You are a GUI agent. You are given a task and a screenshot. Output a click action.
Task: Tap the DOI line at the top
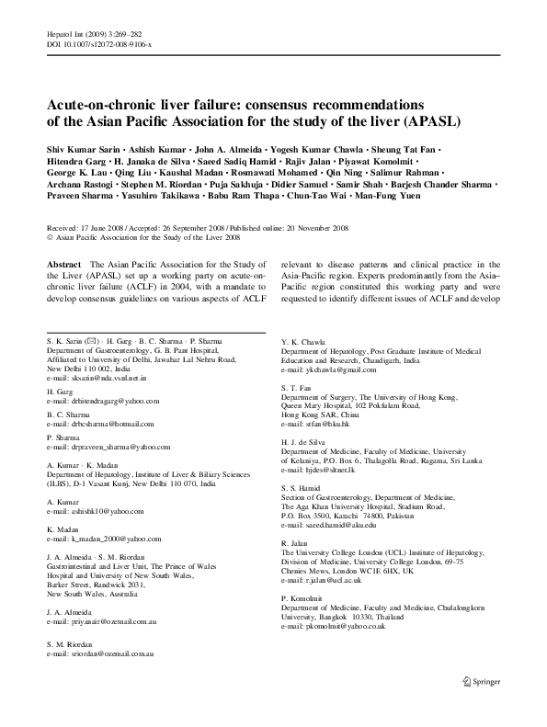[100, 43]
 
